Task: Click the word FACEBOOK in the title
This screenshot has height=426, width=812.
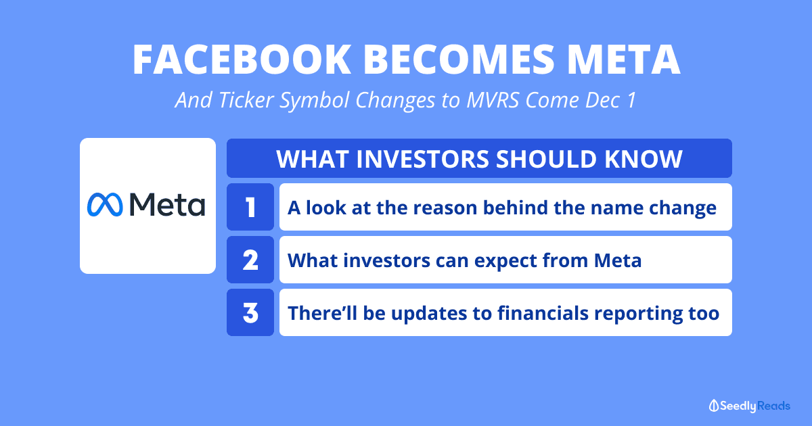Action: click(x=242, y=60)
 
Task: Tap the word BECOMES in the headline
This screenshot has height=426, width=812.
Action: click(x=459, y=60)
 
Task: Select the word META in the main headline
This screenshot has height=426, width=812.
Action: click(x=623, y=60)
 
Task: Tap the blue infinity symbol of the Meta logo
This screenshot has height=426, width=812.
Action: click(x=105, y=205)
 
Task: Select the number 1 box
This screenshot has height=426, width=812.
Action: click(x=250, y=207)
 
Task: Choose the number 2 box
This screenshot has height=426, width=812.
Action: click(x=250, y=260)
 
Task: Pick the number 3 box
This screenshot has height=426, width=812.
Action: click(x=250, y=312)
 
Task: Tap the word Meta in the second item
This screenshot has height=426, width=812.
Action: click(x=618, y=260)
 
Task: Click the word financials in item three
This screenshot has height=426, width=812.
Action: click(x=543, y=313)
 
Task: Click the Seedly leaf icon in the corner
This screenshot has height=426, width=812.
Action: click(x=714, y=406)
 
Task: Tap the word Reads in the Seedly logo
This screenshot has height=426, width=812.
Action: click(x=773, y=406)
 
